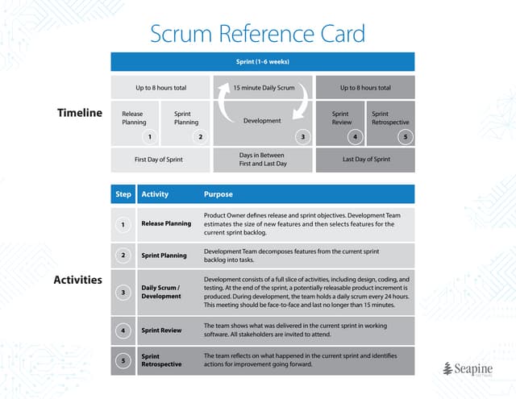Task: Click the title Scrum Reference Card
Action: (258, 33)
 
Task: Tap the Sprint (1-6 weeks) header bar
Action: (263, 61)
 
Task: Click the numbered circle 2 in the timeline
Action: (201, 137)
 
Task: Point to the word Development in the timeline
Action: (262, 121)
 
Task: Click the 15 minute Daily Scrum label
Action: (263, 87)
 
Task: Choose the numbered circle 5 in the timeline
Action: (406, 137)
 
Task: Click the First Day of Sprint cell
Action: (159, 160)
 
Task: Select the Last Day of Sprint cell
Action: (366, 160)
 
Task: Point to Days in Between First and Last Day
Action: (263, 159)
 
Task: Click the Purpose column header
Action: (218, 194)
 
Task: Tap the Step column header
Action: (123, 194)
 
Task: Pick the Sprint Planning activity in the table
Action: (164, 255)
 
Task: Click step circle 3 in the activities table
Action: (123, 292)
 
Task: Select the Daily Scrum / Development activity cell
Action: (162, 292)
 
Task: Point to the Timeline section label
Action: (80, 113)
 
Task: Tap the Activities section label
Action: (77, 280)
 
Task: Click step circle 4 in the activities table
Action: (123, 330)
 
